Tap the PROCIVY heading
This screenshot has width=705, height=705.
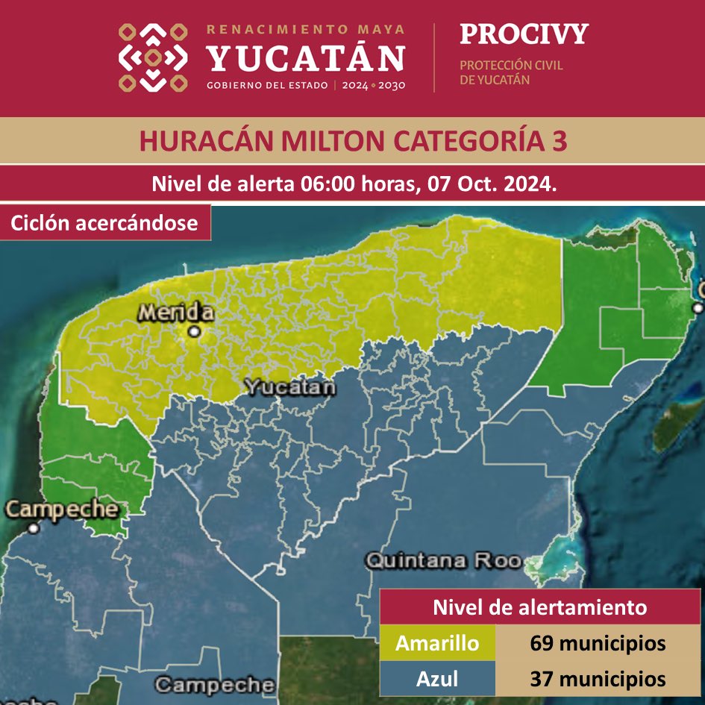click(x=524, y=34)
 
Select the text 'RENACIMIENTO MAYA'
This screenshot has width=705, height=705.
click(x=306, y=30)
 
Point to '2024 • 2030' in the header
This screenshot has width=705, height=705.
click(x=373, y=85)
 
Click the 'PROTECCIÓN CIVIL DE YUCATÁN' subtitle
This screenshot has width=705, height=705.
click(x=511, y=72)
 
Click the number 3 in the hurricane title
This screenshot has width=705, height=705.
click(x=559, y=141)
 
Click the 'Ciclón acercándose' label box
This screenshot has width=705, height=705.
click(x=105, y=222)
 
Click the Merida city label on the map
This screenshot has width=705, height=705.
click(x=175, y=313)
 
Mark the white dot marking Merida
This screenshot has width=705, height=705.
click(x=195, y=330)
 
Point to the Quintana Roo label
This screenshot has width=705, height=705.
click(x=443, y=560)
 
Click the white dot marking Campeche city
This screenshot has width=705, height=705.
click(x=34, y=528)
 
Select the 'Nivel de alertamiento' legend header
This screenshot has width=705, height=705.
click(x=540, y=607)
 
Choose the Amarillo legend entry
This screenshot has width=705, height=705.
click(x=438, y=642)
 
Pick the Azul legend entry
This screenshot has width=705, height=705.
click(x=438, y=678)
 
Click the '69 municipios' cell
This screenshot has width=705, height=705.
click(x=598, y=642)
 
